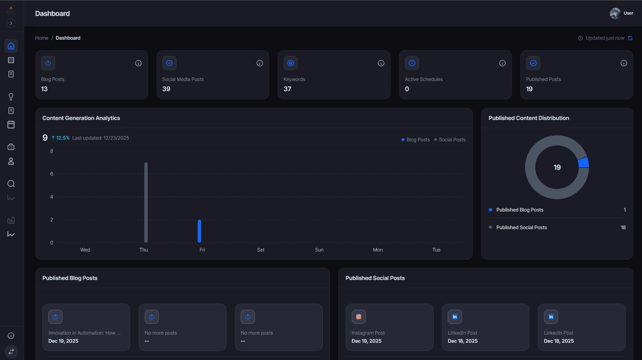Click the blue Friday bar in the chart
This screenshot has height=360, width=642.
coord(199,231)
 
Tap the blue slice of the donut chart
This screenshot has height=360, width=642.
coord(584,162)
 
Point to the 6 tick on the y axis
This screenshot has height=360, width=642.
coord(52,174)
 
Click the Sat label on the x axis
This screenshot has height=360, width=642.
coord(261,250)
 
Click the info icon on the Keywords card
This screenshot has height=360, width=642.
coord(381,63)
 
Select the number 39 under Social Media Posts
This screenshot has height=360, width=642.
coord(166,89)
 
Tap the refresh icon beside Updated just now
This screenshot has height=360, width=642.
coord(630,38)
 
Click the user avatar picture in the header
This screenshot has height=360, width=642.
coord(615,13)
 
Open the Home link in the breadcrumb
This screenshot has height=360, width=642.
coord(42,38)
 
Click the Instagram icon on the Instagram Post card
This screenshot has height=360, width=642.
coord(359,317)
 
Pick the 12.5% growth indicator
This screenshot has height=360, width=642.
coord(61,138)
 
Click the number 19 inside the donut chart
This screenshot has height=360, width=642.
coord(557,167)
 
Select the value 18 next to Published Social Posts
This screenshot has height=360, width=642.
coord(623,227)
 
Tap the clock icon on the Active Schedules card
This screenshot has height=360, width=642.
coord(412,63)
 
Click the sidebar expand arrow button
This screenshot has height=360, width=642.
coord(11,23)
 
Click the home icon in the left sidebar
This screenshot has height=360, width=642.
coord(11,46)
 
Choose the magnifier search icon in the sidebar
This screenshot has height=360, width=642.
coord(11,184)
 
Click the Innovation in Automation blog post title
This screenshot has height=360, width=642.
coord(84,333)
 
